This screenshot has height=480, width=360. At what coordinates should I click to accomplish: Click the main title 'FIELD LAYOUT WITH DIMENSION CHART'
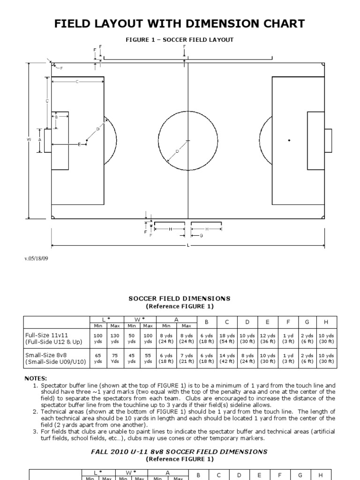pyautogui.click(x=180, y=23)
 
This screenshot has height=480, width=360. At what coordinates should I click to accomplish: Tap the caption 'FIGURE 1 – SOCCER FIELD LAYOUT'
pyautogui.click(x=180, y=40)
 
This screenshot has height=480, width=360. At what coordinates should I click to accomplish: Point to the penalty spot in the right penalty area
pyautogui.click(x=289, y=140)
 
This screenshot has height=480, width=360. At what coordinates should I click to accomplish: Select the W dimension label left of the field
pyautogui.click(x=29, y=140)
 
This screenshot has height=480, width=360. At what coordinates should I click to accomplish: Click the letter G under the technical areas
pyautogui.click(x=201, y=235)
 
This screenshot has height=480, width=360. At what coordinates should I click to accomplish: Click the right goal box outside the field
pyautogui.click(x=328, y=140)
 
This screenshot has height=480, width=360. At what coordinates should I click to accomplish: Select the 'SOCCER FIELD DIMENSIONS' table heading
pyautogui.click(x=180, y=298)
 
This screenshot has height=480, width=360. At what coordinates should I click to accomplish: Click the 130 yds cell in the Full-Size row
pyautogui.click(x=115, y=338)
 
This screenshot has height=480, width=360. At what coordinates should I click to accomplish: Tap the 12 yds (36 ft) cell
pyautogui.click(x=267, y=338)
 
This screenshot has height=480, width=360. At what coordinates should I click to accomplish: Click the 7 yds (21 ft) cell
pyautogui.click(x=186, y=358)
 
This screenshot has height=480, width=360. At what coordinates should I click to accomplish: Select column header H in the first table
pyautogui.click(x=324, y=322)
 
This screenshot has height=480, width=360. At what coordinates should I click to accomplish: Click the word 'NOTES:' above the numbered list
pyautogui.click(x=36, y=378)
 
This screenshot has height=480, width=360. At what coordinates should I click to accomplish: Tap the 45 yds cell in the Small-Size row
pyautogui.click(x=132, y=358)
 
